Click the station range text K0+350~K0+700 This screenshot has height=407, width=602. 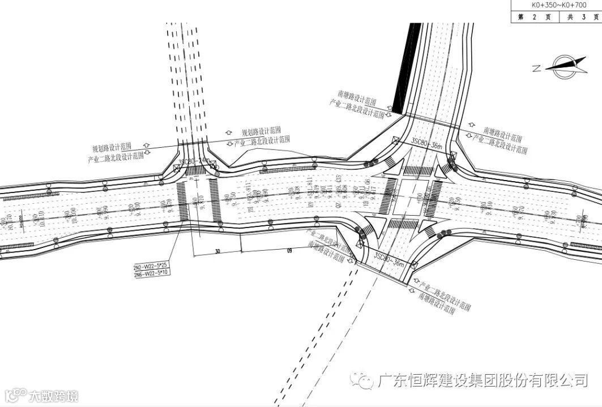(x=556, y=5)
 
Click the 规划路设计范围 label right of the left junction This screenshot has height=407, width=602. (x=261, y=131)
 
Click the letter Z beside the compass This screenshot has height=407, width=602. (x=536, y=68)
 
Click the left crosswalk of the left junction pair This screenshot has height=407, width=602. (x=183, y=200)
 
